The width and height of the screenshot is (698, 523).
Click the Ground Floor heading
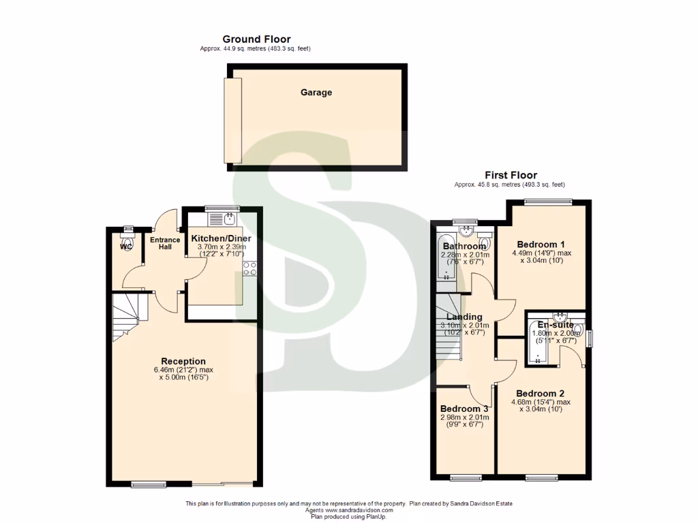click(x=256, y=39)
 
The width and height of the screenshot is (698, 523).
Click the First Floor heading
click(x=511, y=175)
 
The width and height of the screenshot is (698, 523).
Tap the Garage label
click(x=316, y=93)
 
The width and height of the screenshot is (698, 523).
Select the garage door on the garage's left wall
click(x=232, y=120)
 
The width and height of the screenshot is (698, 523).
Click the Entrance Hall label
click(x=165, y=243)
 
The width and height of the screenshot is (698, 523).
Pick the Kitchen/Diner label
click(x=221, y=238)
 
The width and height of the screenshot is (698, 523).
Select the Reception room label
click(x=183, y=361)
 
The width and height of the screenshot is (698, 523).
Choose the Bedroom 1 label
click(x=541, y=244)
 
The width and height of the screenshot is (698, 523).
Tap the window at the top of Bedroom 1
click(x=548, y=201)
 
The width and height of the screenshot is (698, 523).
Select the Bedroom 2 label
click(x=541, y=393)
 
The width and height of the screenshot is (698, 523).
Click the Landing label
click(x=464, y=317)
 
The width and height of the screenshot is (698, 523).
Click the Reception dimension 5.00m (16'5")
click(x=183, y=377)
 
